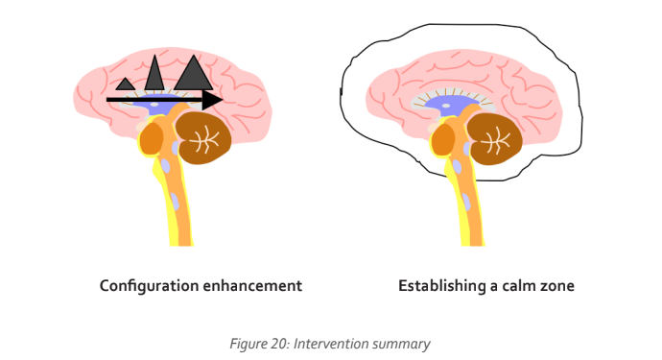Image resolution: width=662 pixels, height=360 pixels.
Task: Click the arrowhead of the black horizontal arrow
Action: [214, 99]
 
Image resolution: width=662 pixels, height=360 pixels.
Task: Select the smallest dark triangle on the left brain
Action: [126, 85]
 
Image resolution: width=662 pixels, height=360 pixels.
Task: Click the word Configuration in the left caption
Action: [149, 286]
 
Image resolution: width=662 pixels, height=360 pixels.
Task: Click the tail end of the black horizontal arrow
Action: [108, 99]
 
